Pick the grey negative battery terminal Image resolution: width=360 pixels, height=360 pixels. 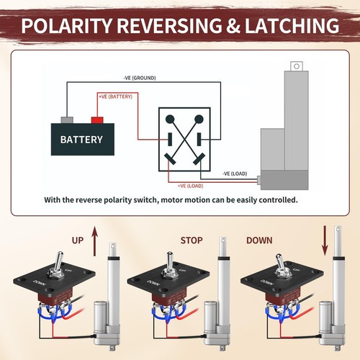(x=67, y=119)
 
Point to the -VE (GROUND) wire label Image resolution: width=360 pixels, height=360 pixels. (x=139, y=78)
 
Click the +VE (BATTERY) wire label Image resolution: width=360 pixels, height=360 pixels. (x=115, y=96)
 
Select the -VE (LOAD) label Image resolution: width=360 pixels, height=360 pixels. (x=236, y=174)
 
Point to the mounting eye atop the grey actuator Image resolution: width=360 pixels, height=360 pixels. (x=294, y=66)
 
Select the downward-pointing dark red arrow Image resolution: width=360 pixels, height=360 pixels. (x=325, y=239)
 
